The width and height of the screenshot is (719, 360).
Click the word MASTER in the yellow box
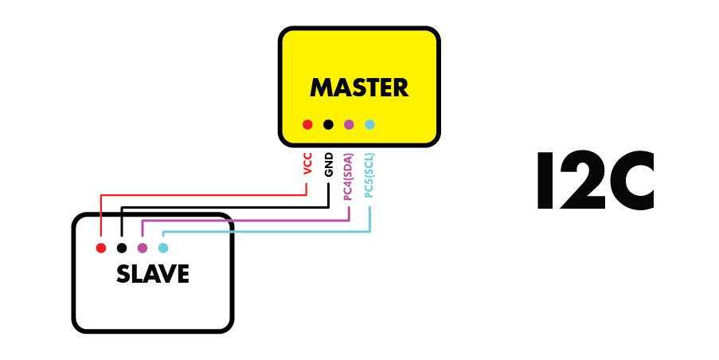pos(358,87)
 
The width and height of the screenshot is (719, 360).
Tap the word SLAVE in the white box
pos(152,274)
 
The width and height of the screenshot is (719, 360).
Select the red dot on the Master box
pos(307,124)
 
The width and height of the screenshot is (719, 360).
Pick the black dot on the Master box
pos(328,124)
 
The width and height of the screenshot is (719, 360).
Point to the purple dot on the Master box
pos(348,124)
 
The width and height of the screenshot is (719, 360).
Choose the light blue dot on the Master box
pos(369,124)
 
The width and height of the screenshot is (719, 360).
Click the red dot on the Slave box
pos(101,248)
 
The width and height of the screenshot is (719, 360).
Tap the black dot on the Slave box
pos(122,248)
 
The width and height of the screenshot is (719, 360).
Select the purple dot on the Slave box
pos(143,248)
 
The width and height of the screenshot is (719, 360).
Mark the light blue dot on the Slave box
pos(163,248)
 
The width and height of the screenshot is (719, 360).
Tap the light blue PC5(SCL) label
pos(369,175)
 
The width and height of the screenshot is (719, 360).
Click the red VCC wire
pos(199,194)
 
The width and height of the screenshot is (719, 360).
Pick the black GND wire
pos(223,208)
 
